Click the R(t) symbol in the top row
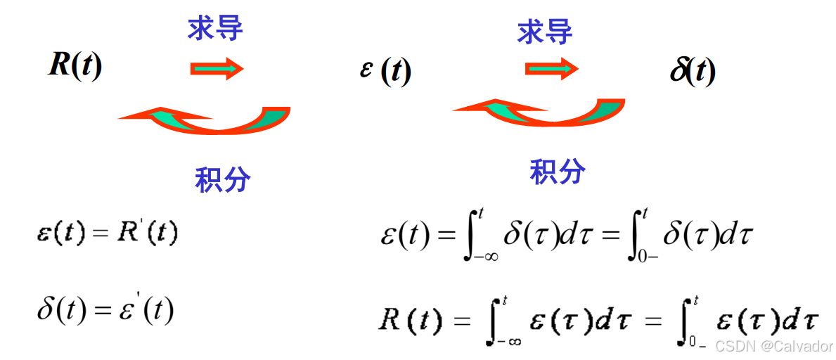75,66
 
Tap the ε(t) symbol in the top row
385,70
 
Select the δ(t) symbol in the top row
693,70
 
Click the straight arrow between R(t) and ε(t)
217,68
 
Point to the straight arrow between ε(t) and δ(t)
552,68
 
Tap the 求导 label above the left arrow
215,28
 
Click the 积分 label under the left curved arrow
222,180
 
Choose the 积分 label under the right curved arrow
558,171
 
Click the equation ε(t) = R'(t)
107,233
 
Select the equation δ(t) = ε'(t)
105,309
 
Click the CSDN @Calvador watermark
774,346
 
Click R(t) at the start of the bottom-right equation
411,321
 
